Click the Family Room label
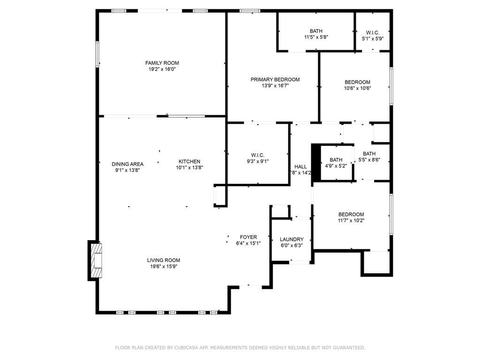click(162, 63)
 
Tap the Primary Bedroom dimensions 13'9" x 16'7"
click(275, 86)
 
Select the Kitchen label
click(189, 161)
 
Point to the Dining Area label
click(127, 164)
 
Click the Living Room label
click(164, 260)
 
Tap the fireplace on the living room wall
click(96, 261)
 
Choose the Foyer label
click(248, 237)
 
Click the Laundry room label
click(292, 240)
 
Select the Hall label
click(300, 166)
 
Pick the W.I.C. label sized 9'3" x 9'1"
click(258, 155)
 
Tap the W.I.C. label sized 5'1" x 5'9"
click(373, 32)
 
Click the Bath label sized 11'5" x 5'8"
click(316, 31)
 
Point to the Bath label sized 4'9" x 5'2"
click(336, 160)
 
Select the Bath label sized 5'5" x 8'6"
click(369, 154)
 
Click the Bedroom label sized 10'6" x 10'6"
click(357, 82)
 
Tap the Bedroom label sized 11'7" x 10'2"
click(351, 214)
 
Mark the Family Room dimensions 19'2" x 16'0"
click(162, 69)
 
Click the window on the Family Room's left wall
click(97, 54)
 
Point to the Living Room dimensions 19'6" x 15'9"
click(164, 266)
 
